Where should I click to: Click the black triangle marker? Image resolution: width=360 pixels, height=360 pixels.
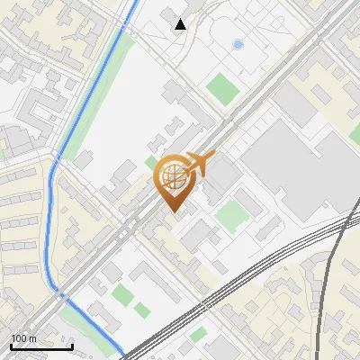[180, 24]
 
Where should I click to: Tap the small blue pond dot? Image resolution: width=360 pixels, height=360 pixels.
[238, 43]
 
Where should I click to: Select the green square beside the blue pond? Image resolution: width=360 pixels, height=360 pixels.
[220, 87]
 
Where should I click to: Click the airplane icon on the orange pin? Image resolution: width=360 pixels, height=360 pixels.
[201, 164]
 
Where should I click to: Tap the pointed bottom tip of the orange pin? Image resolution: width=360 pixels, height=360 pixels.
[174, 212]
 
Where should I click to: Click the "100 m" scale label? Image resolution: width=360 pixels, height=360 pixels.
[23, 338]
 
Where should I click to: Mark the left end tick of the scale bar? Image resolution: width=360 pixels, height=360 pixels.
[11, 346]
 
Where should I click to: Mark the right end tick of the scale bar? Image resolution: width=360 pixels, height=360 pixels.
[72, 346]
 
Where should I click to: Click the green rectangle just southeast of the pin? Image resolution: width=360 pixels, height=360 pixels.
[232, 216]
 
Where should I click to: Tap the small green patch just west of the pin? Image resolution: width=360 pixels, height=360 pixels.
[150, 163]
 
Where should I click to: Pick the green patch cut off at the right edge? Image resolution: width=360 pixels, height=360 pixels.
[355, 134]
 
